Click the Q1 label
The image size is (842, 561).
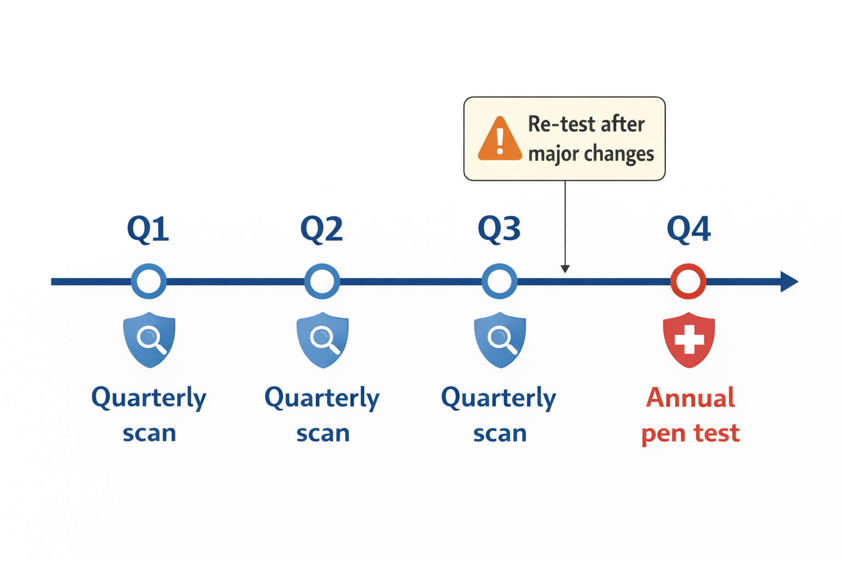tap(148, 229)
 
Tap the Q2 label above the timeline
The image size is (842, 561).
tap(322, 229)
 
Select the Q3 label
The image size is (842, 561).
tap(499, 229)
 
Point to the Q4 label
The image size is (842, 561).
tap(689, 229)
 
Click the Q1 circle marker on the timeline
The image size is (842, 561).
tap(149, 281)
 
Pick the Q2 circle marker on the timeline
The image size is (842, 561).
tap(322, 281)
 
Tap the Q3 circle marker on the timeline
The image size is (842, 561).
tap(499, 281)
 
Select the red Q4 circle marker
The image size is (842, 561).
tap(688, 281)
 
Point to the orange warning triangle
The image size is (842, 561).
tap(499, 140)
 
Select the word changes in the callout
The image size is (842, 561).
tap(623, 154)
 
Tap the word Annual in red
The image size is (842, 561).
tap(690, 398)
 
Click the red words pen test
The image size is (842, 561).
tap(690, 433)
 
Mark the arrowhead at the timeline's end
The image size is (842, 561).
tap(789, 281)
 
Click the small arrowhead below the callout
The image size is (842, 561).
tap(565, 269)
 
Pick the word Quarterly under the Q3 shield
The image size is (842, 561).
tap(498, 398)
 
